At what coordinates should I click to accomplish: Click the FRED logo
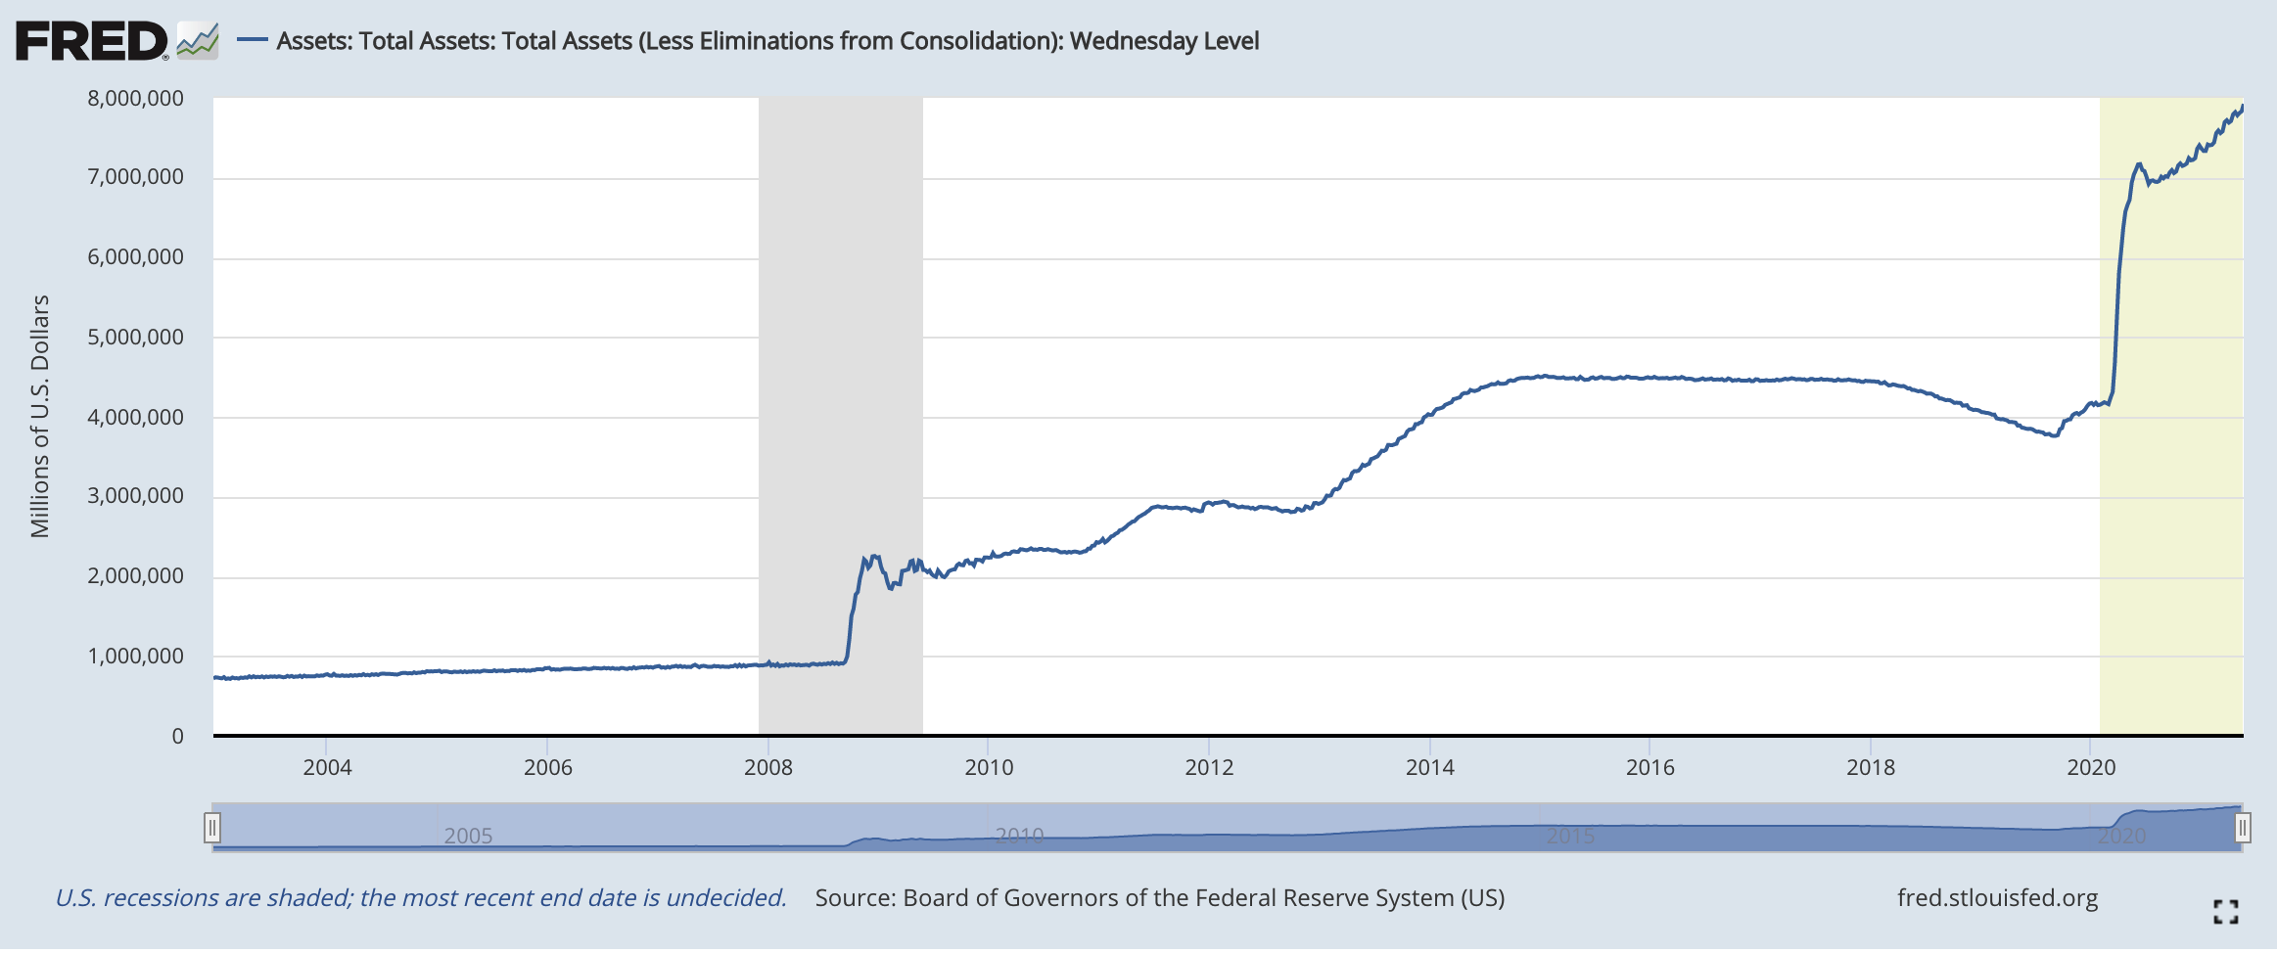[x=91, y=41]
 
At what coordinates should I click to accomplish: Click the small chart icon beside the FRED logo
[x=198, y=41]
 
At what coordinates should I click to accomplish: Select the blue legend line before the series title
[x=253, y=40]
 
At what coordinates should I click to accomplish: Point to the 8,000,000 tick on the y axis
[x=136, y=98]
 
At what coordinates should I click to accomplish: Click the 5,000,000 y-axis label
[x=136, y=338]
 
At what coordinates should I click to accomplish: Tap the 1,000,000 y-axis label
[x=136, y=657]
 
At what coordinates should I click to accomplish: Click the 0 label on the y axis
[x=177, y=736]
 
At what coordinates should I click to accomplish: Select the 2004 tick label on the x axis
[x=327, y=767]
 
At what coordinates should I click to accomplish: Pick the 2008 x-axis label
[x=768, y=767]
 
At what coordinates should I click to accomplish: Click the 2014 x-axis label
[x=1430, y=767]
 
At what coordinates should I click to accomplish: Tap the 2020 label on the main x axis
[x=2091, y=767]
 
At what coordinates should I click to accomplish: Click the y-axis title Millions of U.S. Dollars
[x=40, y=416]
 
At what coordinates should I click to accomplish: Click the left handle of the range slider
[x=212, y=829]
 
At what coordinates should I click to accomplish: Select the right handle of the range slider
[x=2242, y=829]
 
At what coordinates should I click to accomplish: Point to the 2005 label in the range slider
[x=468, y=836]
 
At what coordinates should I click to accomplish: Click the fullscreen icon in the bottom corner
[x=2225, y=912]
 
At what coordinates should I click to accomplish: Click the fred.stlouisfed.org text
[x=1997, y=898]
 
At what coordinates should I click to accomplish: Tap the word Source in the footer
[x=854, y=898]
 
